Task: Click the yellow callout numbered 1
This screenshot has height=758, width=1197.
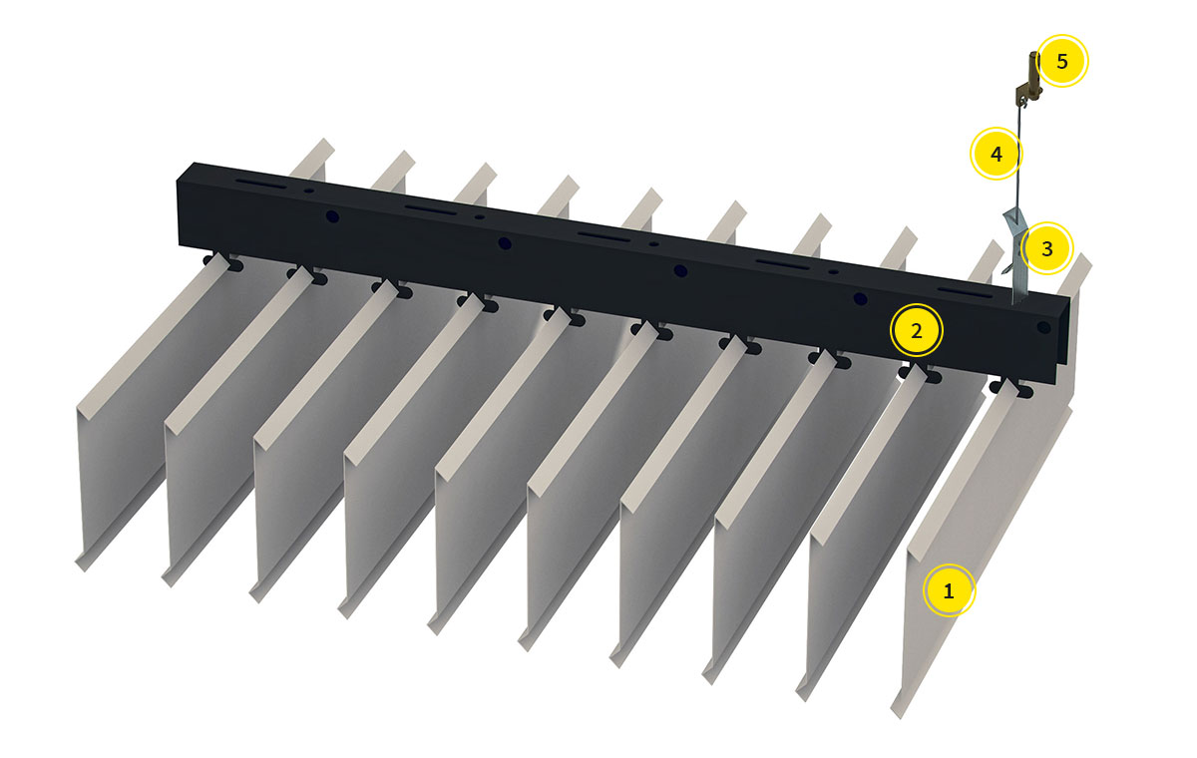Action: pyautogui.click(x=949, y=590)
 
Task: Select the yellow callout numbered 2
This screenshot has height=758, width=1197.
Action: pyautogui.click(x=916, y=331)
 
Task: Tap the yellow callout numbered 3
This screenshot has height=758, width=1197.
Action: pyautogui.click(x=1046, y=248)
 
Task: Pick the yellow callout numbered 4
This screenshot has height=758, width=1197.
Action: pyautogui.click(x=997, y=154)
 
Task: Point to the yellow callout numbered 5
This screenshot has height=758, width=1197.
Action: pyautogui.click(x=1061, y=61)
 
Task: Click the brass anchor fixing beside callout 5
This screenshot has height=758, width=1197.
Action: pyautogui.click(x=1029, y=79)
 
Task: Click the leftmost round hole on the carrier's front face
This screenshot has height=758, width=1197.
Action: pyautogui.click(x=332, y=216)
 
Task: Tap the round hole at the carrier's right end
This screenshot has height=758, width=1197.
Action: pyautogui.click(x=1043, y=327)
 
